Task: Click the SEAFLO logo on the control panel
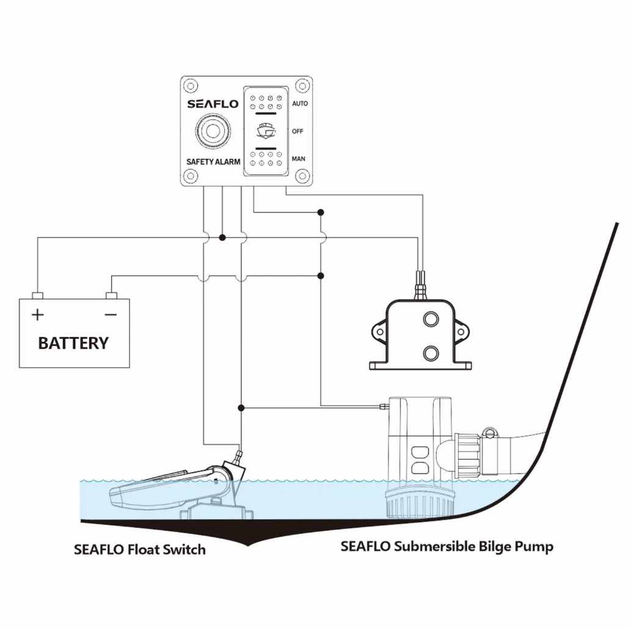[x=213, y=104]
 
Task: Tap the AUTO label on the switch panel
[x=300, y=103]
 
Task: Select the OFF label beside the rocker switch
[x=297, y=131]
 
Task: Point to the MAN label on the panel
[x=298, y=159]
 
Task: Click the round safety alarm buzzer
[x=213, y=131]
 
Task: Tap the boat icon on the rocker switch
[x=266, y=131]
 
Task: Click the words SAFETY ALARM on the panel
[x=213, y=162]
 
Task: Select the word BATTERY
[x=74, y=343]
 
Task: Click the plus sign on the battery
[x=37, y=314]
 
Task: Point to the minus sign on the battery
[x=111, y=314]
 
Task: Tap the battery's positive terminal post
[x=37, y=296]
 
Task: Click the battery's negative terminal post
[x=111, y=296]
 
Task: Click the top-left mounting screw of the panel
[x=191, y=85]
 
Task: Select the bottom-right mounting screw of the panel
[x=302, y=176]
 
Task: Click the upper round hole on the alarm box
[x=431, y=319]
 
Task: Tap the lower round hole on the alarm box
[x=431, y=354]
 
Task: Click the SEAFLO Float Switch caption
[x=140, y=550]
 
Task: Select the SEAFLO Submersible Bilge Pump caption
[x=447, y=547]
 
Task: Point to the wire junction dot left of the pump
[x=241, y=408]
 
